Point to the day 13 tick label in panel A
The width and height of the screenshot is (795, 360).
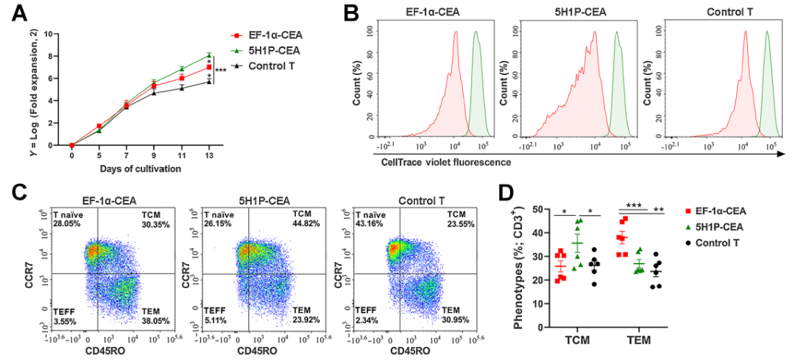point(209,156)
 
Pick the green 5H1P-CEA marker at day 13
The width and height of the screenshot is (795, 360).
point(209,55)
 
